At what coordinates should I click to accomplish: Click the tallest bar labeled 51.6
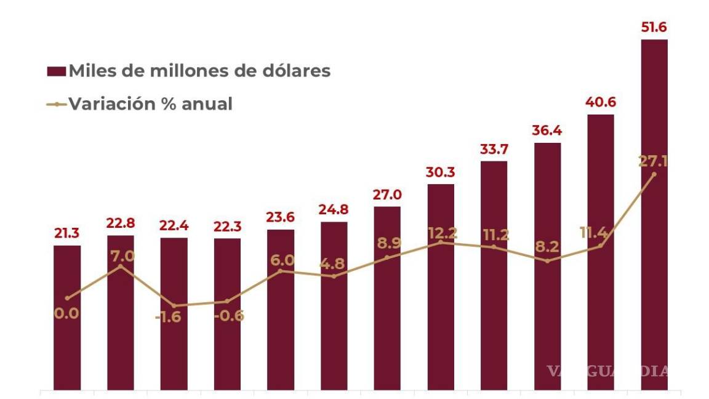click(654, 216)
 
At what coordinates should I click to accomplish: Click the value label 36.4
click(547, 131)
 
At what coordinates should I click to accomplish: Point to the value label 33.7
click(494, 149)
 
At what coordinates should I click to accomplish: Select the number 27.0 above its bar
click(387, 195)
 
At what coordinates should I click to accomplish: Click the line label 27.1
click(654, 161)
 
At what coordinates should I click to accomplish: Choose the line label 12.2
click(441, 233)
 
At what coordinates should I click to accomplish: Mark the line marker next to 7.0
click(121, 265)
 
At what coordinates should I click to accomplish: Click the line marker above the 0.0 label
click(67, 299)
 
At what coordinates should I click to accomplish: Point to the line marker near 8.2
click(547, 261)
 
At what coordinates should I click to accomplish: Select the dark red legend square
click(56, 71)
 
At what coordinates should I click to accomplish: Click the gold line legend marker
click(56, 104)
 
